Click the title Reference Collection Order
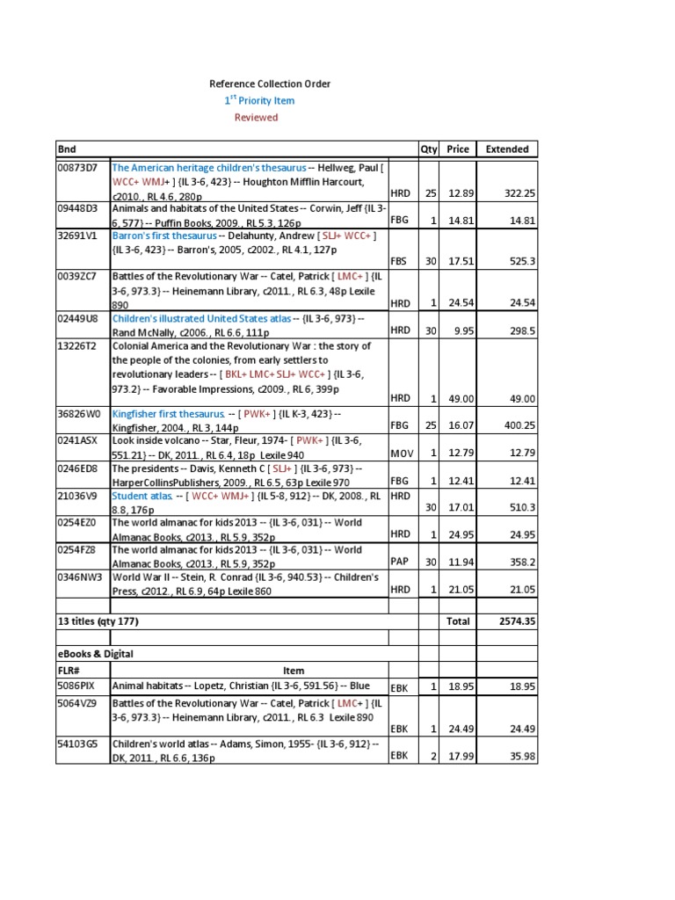coord(269,83)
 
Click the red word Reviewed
coord(256,117)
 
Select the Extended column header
coord(507,149)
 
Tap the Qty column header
coord(429,149)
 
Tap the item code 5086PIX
coord(77,686)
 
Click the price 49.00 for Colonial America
coord(458,398)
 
